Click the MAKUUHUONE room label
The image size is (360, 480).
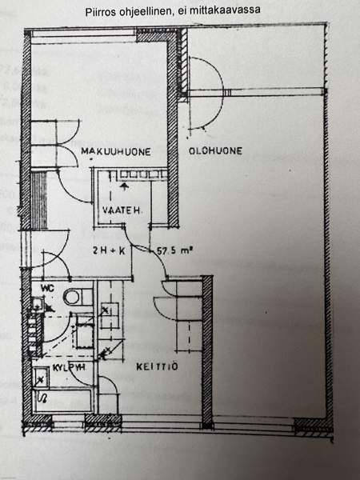tap(116, 151)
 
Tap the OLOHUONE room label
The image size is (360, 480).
tap(215, 150)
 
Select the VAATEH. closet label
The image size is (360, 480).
tap(122, 210)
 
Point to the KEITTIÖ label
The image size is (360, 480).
tap(157, 366)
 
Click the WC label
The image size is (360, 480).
tap(48, 288)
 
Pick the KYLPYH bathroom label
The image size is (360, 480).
tap(69, 367)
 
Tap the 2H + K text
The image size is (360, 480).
tap(109, 250)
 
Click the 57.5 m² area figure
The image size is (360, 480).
tap(174, 250)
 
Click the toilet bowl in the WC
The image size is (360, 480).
tap(72, 297)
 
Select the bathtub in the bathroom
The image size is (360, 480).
tap(62, 400)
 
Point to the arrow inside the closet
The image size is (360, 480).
tap(124, 187)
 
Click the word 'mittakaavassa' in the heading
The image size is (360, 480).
tap(225, 10)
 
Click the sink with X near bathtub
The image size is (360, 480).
tap(42, 377)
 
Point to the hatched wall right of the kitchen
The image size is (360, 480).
tap(207, 351)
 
